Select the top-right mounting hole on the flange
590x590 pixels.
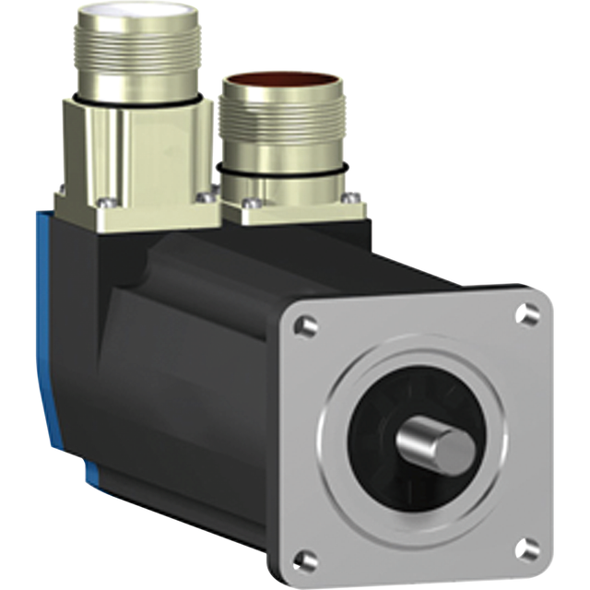pyautogui.click(x=527, y=313)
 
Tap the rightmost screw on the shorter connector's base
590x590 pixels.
pyautogui.click(x=350, y=196)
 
